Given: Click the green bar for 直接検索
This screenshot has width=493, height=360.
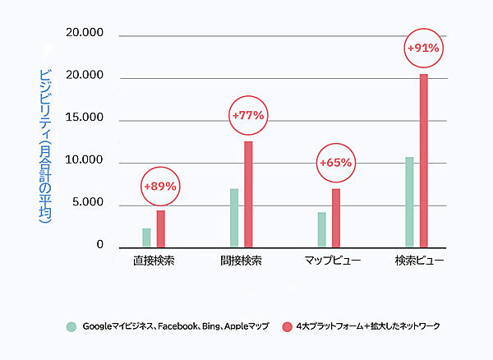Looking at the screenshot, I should point(146,238).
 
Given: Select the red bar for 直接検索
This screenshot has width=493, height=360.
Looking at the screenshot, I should point(161,228).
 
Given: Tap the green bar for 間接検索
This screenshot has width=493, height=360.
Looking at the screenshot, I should point(234,218).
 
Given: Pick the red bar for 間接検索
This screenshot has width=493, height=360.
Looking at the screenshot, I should point(248,194).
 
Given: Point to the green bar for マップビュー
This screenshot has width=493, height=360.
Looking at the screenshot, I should point(321,229).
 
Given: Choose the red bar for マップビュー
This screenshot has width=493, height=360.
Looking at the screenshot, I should point(336,218).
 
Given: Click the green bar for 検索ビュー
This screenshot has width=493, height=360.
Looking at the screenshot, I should point(409,201).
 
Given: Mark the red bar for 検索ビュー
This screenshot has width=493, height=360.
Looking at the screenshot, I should point(424,160).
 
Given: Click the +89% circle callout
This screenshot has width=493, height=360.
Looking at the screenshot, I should point(160,187).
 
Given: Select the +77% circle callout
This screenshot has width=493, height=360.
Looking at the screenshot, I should point(248,116).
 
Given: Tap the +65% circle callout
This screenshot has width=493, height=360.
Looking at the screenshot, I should point(335,163).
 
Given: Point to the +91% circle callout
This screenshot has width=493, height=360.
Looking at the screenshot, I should point(423,49).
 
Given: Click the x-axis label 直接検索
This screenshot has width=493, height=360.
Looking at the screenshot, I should point(154,261).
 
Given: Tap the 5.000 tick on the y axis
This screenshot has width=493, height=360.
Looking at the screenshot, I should point(88,203).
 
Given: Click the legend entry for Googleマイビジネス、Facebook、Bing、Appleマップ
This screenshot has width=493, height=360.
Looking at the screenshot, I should point(168,326).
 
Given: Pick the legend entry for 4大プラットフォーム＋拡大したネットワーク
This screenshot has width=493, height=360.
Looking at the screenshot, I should point(361,326).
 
